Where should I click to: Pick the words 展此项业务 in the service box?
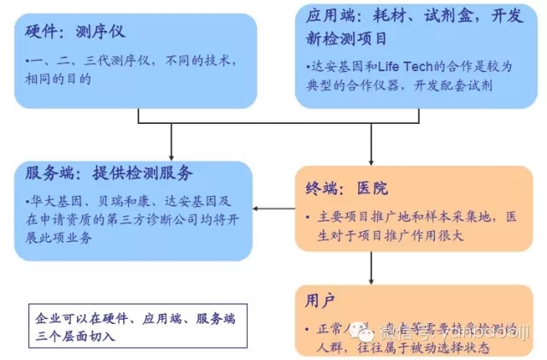click(61, 238)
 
